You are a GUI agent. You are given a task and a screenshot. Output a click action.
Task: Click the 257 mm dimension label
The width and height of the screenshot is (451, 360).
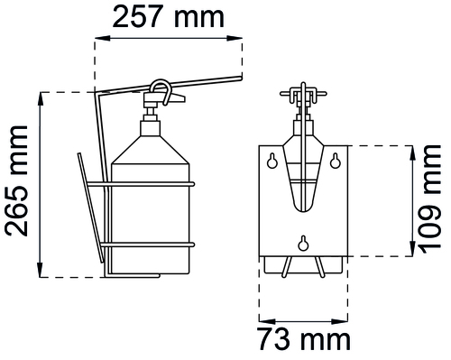(x=169, y=17)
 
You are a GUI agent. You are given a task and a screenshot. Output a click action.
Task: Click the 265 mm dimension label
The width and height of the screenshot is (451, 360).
(x=16, y=181)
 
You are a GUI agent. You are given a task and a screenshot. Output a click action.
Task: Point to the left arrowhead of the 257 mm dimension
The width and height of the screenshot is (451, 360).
(x=102, y=38)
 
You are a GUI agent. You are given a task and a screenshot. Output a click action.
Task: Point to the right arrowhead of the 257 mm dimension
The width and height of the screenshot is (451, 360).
(x=235, y=38)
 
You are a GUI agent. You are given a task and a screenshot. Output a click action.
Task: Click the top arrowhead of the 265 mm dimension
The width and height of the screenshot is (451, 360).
(x=41, y=99)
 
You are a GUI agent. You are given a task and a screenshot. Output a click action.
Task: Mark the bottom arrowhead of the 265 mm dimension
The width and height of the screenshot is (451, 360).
(x=41, y=270)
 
